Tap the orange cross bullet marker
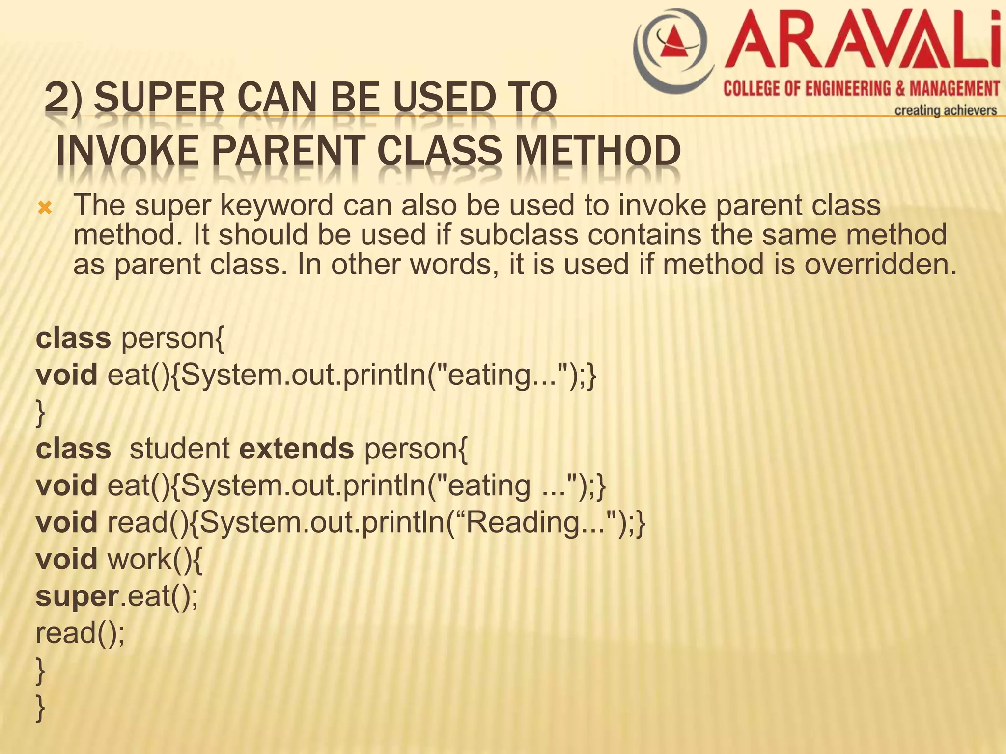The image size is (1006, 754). pyautogui.click(x=45, y=209)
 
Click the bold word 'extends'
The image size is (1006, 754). pyautogui.click(x=297, y=448)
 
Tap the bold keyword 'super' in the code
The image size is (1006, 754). pyautogui.click(x=76, y=596)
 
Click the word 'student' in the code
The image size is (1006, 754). pyautogui.click(x=179, y=448)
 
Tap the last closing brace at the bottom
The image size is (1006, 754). pyautogui.click(x=41, y=708)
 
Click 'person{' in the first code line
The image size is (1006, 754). pyautogui.click(x=172, y=339)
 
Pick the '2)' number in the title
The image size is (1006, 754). pyautogui.click(x=62, y=98)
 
